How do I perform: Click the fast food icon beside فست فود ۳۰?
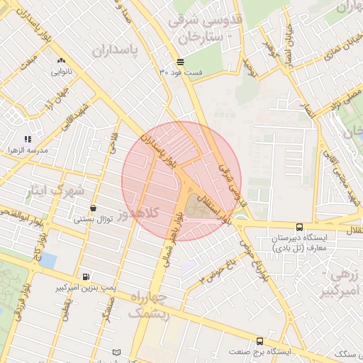[x=181, y=62]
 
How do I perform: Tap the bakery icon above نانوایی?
[x=60, y=61]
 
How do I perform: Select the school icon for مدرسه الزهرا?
[x=28, y=140]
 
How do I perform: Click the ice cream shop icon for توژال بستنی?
[x=94, y=208]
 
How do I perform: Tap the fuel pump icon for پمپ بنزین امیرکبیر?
[x=86, y=277]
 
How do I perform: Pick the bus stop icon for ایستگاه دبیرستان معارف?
[x=299, y=228]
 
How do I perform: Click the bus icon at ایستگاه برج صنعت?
[x=259, y=340]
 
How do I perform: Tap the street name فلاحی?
[x=113, y=145]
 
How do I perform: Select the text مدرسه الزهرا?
[x=28, y=151]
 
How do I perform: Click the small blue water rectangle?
[x=48, y=260]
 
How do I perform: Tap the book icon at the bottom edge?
[x=116, y=352]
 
